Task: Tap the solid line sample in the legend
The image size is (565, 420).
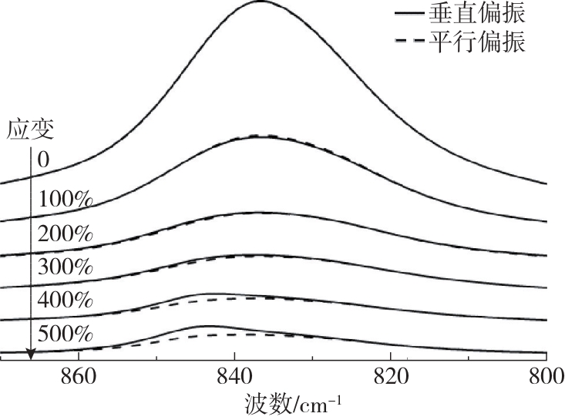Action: (410, 14)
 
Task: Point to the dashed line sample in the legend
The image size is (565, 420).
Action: (410, 43)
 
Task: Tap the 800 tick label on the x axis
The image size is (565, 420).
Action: (546, 378)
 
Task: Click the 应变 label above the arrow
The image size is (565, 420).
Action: (31, 129)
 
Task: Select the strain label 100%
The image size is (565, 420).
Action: (66, 199)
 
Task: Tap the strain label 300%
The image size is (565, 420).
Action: (66, 267)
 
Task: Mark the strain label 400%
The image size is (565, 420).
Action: (66, 301)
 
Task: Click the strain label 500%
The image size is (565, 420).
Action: (66, 334)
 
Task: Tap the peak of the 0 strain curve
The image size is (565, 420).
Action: (259, 2)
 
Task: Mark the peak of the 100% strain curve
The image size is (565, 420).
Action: (259, 136)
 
